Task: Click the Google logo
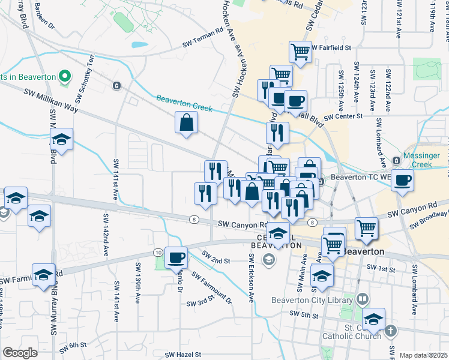[x=20, y=353]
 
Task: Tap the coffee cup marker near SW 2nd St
[x=176, y=257]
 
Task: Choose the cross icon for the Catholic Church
[x=391, y=331]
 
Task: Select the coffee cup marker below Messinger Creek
[x=402, y=179]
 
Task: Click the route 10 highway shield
[x=157, y=252]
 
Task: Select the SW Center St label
[x=343, y=116]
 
